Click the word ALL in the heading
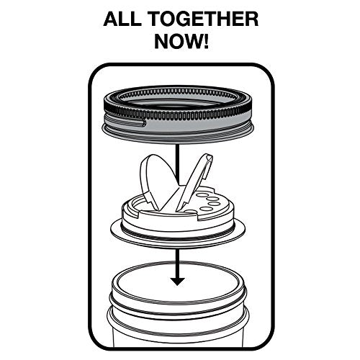coord(122,19)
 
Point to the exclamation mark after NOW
coord(205,41)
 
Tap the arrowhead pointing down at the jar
coord(177,282)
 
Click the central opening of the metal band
coord(178,101)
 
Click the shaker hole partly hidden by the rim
coord(190,212)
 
